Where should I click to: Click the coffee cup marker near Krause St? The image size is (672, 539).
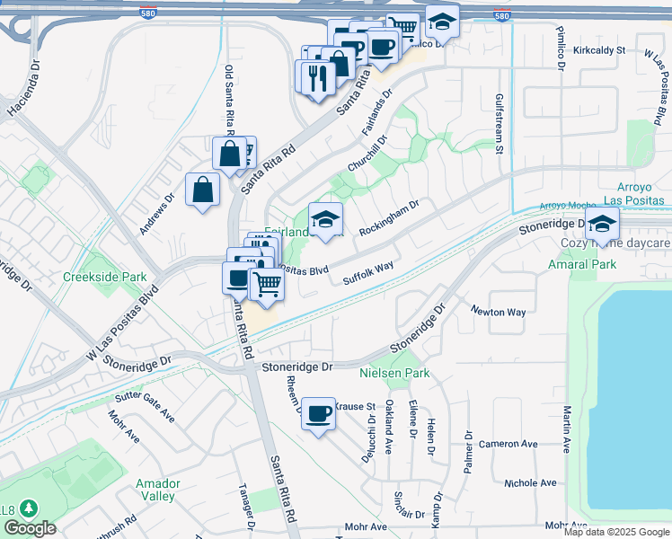point(318,413)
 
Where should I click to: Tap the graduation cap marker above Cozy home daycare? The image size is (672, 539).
point(602,224)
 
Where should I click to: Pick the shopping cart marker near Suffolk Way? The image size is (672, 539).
point(267,284)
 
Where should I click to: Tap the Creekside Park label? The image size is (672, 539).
point(104,277)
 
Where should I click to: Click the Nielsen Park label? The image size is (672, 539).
point(394,373)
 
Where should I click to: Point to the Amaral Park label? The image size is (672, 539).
point(582,264)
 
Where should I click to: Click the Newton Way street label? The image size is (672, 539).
point(499,312)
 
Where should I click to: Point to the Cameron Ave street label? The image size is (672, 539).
point(508,444)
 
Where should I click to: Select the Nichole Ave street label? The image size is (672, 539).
point(530,483)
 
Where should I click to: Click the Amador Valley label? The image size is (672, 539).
point(157,490)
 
